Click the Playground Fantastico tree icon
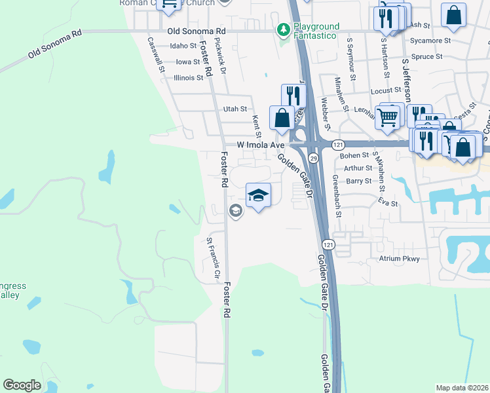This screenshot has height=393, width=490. click(284, 29)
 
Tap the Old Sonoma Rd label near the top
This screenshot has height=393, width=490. click(196, 31)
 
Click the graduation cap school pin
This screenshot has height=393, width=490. click(259, 195)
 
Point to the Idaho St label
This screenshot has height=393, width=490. click(183, 46)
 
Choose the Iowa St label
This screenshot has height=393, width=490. click(188, 62)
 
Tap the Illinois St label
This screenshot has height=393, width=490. click(189, 77)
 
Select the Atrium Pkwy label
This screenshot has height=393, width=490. click(399, 259)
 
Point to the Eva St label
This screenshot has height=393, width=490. click(388, 204)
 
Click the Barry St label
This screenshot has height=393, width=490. click(359, 181)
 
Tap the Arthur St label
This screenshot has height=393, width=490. click(358, 168)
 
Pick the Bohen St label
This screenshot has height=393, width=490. click(355, 155)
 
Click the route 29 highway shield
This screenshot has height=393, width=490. click(314, 159)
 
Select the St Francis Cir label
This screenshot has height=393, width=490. click(211, 258)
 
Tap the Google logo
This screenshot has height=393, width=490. click(22, 385)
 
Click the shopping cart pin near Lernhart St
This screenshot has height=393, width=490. click(388, 116)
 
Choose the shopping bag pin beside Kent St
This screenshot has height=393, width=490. click(282, 118)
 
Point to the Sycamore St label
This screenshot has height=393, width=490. click(429, 40)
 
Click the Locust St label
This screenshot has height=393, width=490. click(385, 90)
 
